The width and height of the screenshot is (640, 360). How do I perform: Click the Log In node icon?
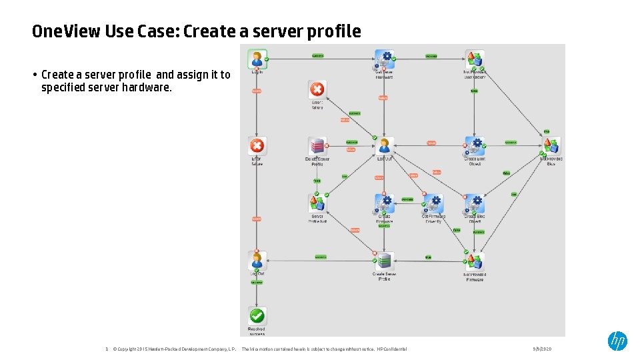[257, 59]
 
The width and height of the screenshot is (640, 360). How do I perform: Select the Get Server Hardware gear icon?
[384, 59]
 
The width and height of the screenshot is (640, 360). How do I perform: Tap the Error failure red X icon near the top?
[317, 90]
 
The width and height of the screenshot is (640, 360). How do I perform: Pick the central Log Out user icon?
[384, 146]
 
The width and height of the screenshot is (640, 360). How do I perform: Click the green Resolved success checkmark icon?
[257, 316]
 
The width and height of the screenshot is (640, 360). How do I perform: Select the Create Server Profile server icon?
[384, 261]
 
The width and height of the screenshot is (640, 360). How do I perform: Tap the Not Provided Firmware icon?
[474, 261]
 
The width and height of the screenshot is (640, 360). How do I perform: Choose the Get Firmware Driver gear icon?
[433, 203]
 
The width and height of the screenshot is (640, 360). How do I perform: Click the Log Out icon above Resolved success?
[257, 260]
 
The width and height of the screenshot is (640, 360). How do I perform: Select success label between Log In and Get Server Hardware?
[318, 56]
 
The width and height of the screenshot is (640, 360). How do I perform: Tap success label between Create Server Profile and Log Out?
[321, 257]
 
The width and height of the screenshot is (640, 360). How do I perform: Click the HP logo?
[617, 341]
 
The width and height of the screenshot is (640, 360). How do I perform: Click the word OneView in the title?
[66, 31]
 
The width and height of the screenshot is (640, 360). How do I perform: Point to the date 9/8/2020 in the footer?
[542, 349]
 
